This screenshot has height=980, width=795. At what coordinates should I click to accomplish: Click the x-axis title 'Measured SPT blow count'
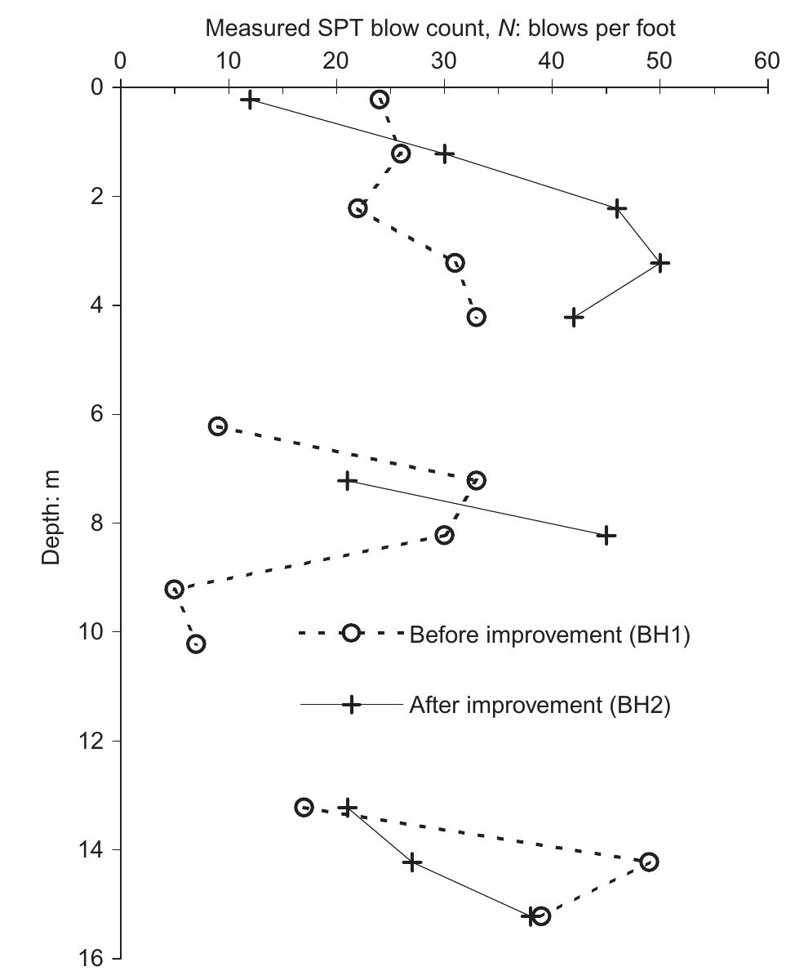[x=440, y=29]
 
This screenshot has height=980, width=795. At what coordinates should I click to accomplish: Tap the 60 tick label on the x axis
[x=766, y=62]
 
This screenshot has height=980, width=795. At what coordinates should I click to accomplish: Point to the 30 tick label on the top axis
[x=443, y=62]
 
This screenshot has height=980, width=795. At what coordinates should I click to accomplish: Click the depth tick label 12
[x=95, y=741]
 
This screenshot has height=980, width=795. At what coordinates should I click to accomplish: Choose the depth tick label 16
[x=95, y=958]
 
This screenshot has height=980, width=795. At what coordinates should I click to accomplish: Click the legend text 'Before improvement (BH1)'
[x=549, y=635]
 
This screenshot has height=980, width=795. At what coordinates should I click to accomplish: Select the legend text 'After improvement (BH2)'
[x=540, y=706]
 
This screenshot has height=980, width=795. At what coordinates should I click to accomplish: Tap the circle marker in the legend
[x=351, y=633]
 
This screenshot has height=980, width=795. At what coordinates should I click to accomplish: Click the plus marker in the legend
[x=351, y=704]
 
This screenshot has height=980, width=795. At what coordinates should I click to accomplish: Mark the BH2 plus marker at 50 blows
[x=660, y=263]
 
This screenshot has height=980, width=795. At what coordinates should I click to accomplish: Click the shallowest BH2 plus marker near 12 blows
[x=251, y=100]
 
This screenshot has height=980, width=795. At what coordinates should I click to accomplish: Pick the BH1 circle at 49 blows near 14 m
[x=649, y=862]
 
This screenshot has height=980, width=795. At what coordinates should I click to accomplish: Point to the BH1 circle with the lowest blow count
[x=175, y=590]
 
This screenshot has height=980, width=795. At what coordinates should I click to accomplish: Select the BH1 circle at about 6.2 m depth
[x=218, y=426]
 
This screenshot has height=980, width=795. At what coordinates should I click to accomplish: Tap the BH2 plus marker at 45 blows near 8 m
[x=606, y=536]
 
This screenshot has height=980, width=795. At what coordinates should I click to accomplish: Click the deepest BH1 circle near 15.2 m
[x=540, y=916]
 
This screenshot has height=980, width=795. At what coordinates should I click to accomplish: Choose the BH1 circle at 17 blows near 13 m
[x=304, y=808]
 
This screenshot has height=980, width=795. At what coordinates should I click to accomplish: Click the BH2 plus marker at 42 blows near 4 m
[x=574, y=317]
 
